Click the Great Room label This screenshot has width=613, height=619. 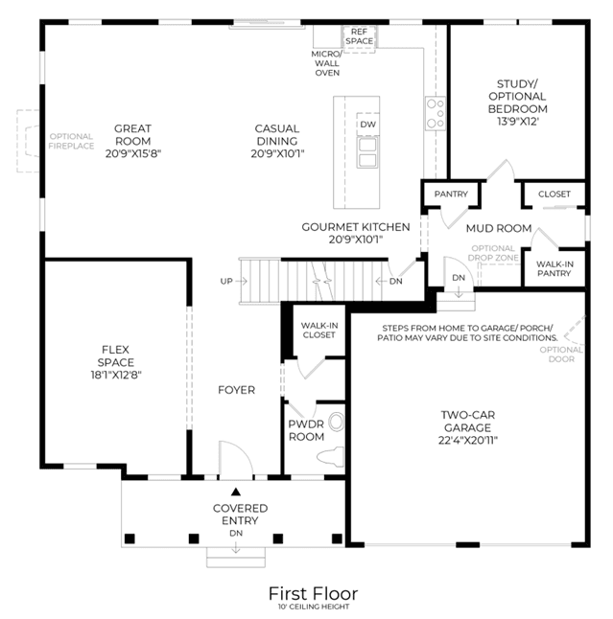pyautogui.click(x=132, y=134)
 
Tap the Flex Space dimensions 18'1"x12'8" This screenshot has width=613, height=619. pyautogui.click(x=116, y=375)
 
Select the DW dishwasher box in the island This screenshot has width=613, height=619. pyautogui.click(x=368, y=125)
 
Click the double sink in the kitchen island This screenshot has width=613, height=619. pyautogui.click(x=367, y=152)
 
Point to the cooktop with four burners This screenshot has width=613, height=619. pyautogui.click(x=436, y=113)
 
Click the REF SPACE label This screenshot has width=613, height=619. pyautogui.click(x=360, y=36)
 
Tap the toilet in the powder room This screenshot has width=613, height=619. pyautogui.click(x=331, y=455)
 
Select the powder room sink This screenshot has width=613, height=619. pyautogui.click(x=337, y=422)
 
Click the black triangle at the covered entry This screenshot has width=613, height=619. pyautogui.click(x=236, y=492)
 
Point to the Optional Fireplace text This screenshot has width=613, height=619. pyautogui.click(x=72, y=141)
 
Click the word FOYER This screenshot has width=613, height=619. pyautogui.click(x=236, y=390)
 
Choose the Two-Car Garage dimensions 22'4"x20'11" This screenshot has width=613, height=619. pyautogui.click(x=468, y=440)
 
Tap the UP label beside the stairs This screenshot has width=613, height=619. pyautogui.click(x=226, y=281)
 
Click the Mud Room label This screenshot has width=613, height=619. pyautogui.click(x=499, y=228)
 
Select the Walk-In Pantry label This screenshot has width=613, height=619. pyautogui.click(x=554, y=268)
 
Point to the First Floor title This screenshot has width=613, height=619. pyautogui.click(x=314, y=593)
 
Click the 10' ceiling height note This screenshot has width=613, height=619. pyautogui.click(x=314, y=607)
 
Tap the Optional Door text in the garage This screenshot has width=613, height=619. pyautogui.click(x=561, y=355)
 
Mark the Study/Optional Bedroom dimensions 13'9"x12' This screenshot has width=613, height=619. pyautogui.click(x=518, y=121)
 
